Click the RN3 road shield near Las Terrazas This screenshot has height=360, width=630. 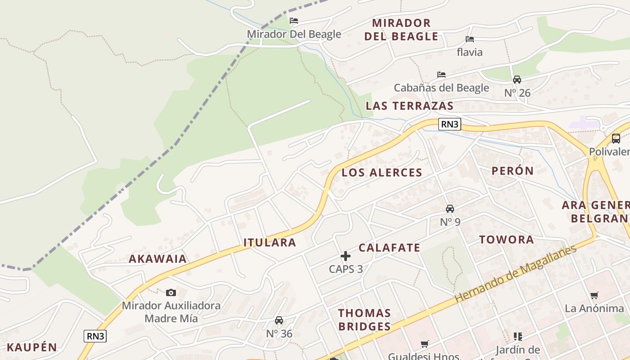tap(450, 124)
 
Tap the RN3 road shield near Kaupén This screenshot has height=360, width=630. tap(95, 336)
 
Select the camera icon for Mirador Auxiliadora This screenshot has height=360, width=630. tap(171, 292)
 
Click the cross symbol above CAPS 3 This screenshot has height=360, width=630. tap(346, 256)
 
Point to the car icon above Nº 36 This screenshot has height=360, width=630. tap(279, 320)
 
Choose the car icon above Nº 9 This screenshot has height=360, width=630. tap(450, 209)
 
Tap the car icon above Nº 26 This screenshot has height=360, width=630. tap(517, 80)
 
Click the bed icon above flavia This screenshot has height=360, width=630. tap(470, 39)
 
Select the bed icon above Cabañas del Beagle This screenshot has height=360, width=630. tap(441, 74)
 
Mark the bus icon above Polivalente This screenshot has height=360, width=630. tap(616, 139)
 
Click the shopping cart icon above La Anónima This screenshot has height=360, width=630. tap(594, 296)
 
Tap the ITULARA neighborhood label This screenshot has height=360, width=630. tap(270, 243)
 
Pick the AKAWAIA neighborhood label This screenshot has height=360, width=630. tap(157, 259)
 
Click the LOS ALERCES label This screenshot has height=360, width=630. tap(382, 172)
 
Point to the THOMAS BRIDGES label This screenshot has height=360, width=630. tap(364, 319)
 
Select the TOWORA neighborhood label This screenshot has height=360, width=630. tap(506, 239)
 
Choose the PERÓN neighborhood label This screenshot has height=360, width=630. tap(512, 171)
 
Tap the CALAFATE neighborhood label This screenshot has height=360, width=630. tap(389, 247)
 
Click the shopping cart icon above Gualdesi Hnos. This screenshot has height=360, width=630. tap(425, 344)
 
